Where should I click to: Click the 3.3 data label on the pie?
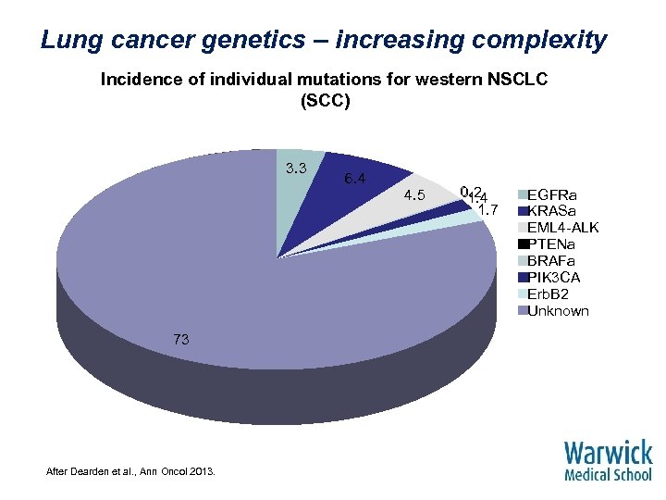[x=296, y=168]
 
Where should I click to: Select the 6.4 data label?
[x=355, y=178]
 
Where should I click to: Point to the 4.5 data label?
[x=413, y=195]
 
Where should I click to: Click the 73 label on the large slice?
[x=180, y=340]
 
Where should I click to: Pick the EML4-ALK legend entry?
[x=562, y=228]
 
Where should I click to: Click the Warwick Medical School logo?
[x=608, y=460]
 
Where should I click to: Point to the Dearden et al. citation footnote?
[x=130, y=472]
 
